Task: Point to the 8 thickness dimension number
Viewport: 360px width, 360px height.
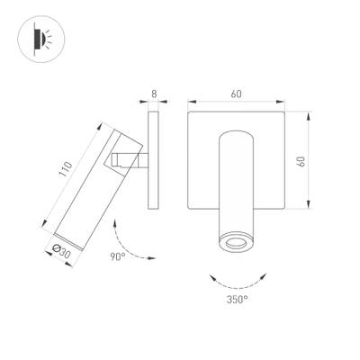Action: [x=154, y=94]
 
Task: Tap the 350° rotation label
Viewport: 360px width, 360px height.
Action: [x=238, y=297]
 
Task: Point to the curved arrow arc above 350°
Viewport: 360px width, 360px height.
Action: [x=238, y=275]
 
